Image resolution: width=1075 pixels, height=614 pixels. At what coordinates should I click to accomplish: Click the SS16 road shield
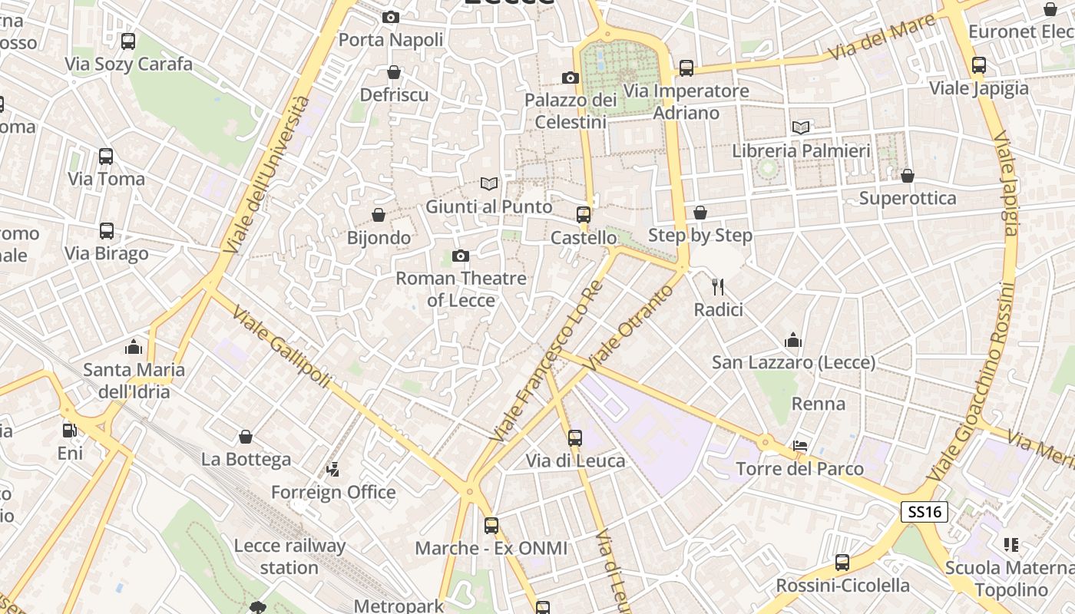coord(925,512)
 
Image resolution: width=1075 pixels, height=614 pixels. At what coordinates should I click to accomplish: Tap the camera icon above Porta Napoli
coord(391,17)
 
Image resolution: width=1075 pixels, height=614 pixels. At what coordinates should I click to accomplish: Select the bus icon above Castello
coord(584,214)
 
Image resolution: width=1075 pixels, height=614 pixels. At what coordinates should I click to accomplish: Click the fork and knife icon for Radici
coord(718,287)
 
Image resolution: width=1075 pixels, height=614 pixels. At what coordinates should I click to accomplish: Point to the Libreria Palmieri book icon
coord(801,127)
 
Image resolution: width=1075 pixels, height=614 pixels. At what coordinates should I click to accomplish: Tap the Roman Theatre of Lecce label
coord(461,289)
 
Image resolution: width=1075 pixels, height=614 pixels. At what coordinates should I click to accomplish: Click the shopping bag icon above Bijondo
coord(379,214)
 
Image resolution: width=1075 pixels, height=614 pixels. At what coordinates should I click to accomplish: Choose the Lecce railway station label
coord(289,556)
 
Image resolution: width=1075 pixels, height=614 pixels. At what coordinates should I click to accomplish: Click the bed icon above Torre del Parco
coord(799,446)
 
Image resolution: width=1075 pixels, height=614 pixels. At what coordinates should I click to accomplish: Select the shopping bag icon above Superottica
coord(908,176)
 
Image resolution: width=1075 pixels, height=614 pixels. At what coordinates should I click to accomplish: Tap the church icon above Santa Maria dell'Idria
coord(134,346)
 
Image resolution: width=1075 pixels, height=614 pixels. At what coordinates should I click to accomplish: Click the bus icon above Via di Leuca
coord(575,438)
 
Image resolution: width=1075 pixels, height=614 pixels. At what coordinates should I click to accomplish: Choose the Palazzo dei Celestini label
coord(571,111)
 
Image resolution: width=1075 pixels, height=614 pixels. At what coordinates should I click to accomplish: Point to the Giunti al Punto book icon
coord(489,183)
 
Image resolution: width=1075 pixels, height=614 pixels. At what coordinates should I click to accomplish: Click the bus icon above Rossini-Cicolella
coord(842,563)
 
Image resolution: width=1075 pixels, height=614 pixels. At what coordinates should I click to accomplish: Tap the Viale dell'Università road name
coord(268,175)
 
